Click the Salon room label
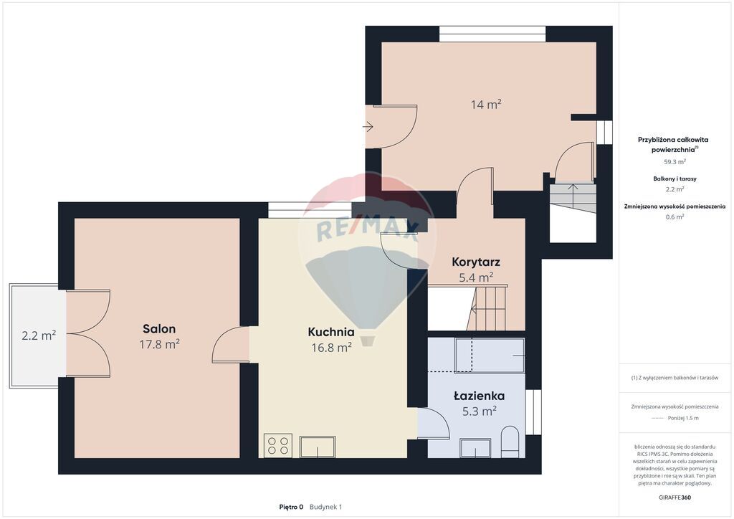click(x=159, y=328)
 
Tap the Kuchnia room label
click(x=331, y=332)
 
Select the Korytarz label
click(x=476, y=262)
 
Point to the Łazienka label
click(x=479, y=396)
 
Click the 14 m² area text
click(x=486, y=104)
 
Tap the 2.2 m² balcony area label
click(x=39, y=335)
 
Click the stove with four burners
click(x=277, y=445)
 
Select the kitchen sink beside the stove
click(x=318, y=447)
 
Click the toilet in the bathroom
click(x=510, y=442)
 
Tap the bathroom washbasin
click(x=475, y=447)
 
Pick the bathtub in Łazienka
click(x=490, y=356)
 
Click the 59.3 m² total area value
click(x=675, y=162)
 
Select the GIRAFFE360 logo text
click(x=675, y=497)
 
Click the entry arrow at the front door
click(x=368, y=126)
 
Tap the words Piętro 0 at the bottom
click(x=291, y=507)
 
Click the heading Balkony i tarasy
click(x=675, y=178)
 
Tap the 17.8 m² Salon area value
click(x=160, y=344)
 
